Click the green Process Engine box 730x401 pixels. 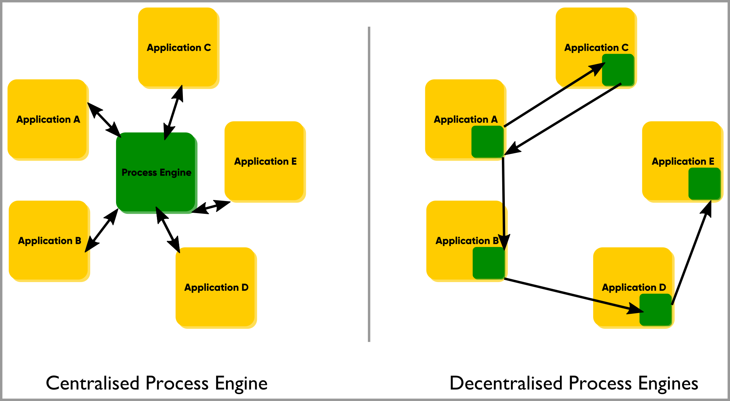tap(157, 190)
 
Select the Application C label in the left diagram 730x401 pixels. tap(178, 48)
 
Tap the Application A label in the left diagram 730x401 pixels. tap(48, 120)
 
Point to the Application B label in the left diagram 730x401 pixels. tap(49, 241)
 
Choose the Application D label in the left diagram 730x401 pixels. tap(216, 288)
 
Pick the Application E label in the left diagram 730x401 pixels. tap(265, 162)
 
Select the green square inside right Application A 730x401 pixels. tap(487, 142)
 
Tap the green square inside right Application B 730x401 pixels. tap(488, 263)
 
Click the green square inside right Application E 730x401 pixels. tap(704, 184)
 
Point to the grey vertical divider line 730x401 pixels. tap(369, 182)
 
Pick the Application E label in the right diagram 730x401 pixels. tap(683, 162)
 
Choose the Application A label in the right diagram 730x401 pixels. tap(465, 120)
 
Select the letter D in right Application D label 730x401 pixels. tap(662, 288)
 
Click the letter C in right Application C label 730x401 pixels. tap(625, 48)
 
